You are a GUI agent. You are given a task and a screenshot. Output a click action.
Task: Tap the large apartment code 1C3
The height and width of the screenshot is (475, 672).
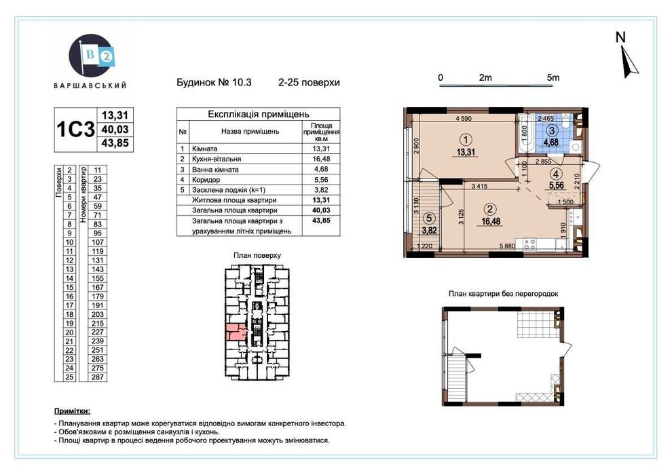click(x=75, y=129)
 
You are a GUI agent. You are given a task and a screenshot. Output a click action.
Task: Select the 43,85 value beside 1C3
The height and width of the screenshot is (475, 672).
click(x=114, y=144)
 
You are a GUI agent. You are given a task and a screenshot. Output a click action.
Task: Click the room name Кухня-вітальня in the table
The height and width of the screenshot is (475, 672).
click(x=229, y=159)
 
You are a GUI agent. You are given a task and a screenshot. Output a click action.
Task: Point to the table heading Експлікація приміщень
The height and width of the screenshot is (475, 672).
click(x=258, y=115)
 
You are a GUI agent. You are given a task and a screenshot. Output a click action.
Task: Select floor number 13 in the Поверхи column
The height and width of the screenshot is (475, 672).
click(x=69, y=269)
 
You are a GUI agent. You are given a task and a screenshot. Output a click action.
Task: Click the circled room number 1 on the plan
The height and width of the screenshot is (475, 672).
click(x=464, y=140)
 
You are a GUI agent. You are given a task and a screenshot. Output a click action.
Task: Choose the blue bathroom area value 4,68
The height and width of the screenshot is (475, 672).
click(x=553, y=142)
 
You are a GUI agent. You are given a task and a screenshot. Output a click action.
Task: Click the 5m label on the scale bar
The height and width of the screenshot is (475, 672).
click(x=553, y=78)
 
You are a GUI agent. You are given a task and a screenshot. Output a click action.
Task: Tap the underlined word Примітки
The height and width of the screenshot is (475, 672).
click(x=71, y=411)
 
